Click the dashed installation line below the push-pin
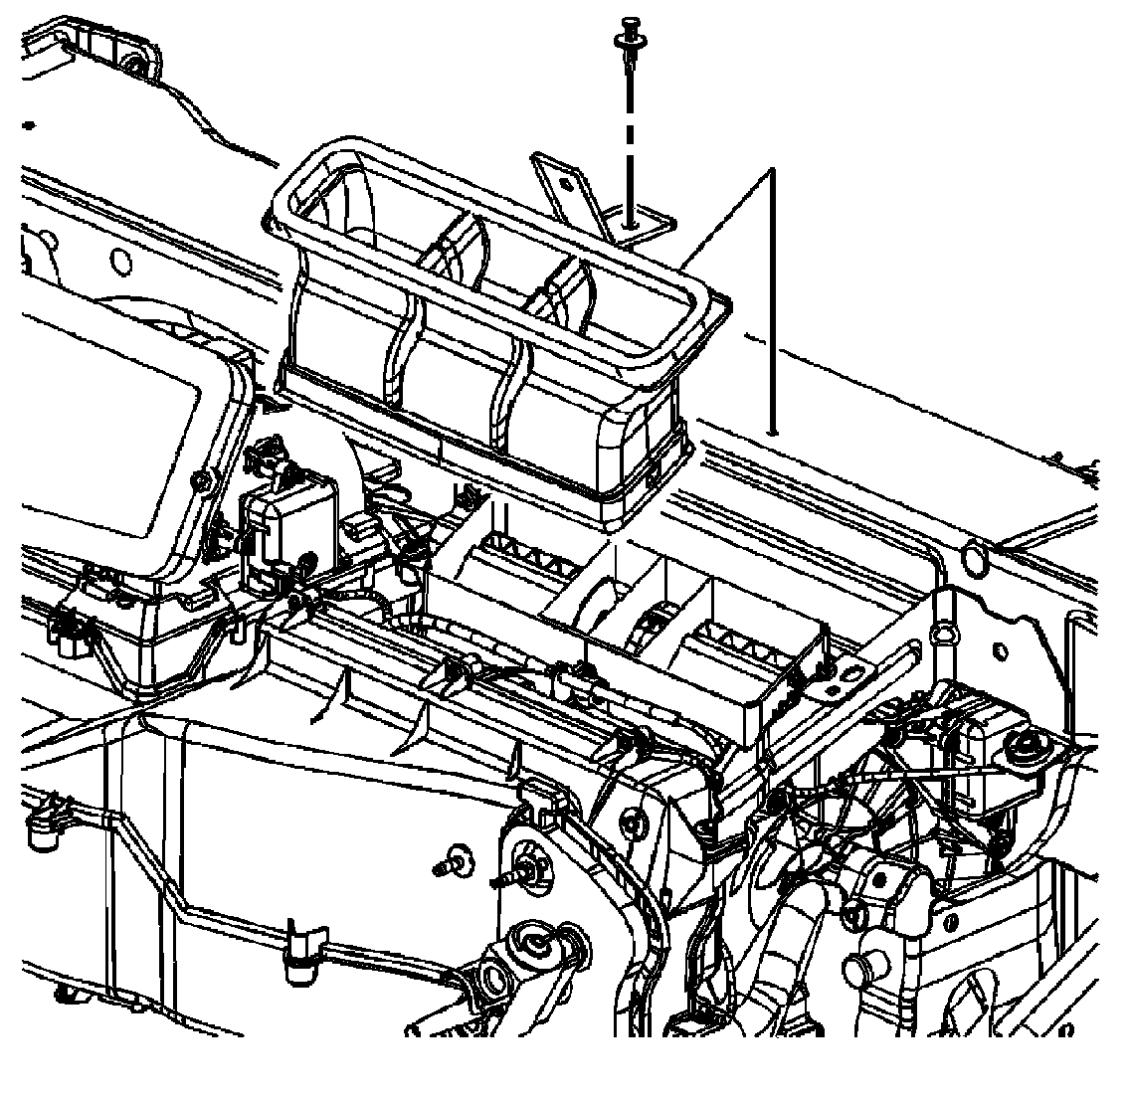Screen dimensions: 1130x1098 [x=630, y=139]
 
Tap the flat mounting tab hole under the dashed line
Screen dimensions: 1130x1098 [x=631, y=225]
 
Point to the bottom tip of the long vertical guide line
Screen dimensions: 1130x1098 [x=773, y=433]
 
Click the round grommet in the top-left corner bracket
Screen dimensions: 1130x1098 [x=132, y=66]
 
